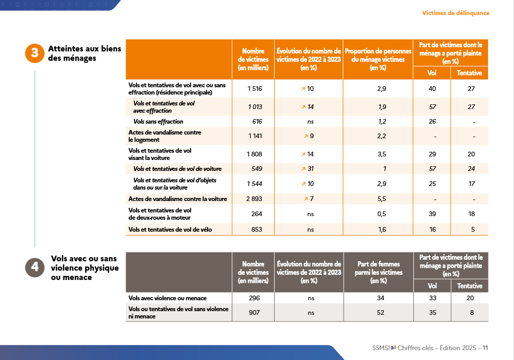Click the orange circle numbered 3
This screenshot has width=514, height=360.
[x=34, y=54]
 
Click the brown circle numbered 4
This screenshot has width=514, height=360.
[x=34, y=268]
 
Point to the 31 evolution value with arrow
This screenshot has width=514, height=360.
[x=307, y=169]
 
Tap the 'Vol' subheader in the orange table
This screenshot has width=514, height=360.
[x=431, y=73]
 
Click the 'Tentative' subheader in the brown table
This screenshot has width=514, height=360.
[x=469, y=286]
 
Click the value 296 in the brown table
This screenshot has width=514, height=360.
[x=253, y=298]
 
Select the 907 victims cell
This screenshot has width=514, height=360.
[x=253, y=313]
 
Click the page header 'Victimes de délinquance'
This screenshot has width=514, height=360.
[x=455, y=13]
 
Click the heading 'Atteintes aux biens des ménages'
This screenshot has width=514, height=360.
[x=84, y=54]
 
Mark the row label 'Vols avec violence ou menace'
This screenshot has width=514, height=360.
[x=167, y=298]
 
